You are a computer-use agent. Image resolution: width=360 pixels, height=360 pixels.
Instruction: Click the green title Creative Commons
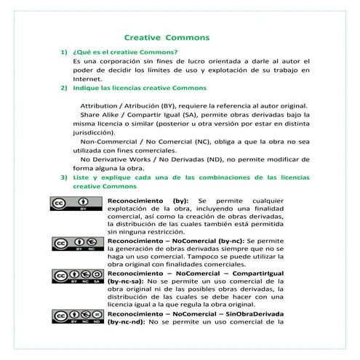[x=167, y=36]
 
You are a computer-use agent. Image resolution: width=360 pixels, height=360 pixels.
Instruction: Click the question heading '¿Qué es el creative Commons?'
[x=125, y=52]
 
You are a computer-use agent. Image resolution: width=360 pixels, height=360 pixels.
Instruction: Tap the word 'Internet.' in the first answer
[x=88, y=79]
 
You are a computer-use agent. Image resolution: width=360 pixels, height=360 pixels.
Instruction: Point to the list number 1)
[x=63, y=52]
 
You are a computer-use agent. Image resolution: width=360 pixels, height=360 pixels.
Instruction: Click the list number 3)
[x=63, y=176]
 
